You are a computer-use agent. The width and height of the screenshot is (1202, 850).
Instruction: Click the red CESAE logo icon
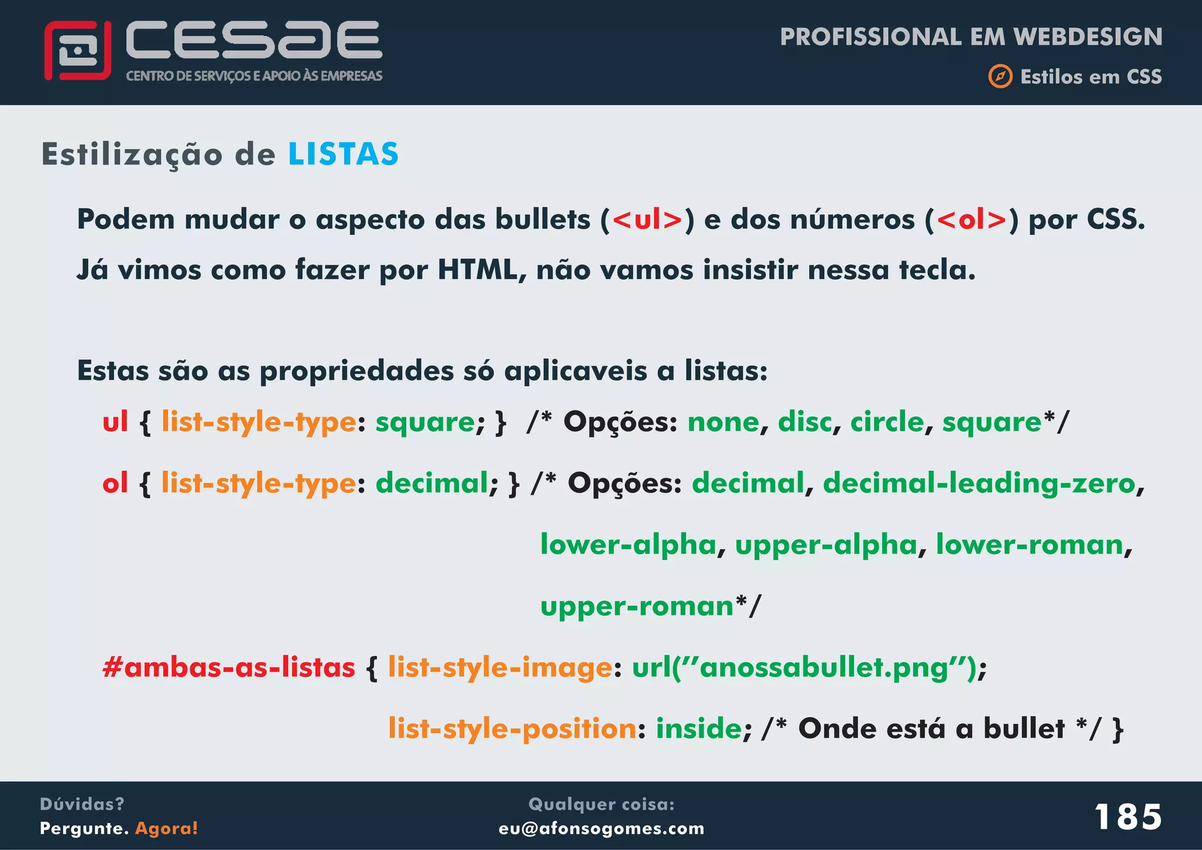pos(77,50)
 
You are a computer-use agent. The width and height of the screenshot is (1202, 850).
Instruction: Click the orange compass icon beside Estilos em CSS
pos(1000,76)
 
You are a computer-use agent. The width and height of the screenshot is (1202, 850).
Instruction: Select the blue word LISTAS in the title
pos(343,154)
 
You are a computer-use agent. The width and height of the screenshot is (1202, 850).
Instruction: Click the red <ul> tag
pos(647,220)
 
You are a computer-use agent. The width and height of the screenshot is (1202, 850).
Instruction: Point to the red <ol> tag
pos(972,220)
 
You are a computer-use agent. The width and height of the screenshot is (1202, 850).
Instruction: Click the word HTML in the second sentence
pos(477,270)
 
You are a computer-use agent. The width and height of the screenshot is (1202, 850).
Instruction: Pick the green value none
pos(723,422)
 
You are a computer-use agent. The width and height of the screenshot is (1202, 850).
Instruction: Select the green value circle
pos(887,422)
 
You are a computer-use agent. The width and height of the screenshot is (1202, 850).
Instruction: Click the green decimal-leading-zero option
pos(979,484)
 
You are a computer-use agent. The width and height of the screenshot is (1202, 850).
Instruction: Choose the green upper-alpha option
pos(826,545)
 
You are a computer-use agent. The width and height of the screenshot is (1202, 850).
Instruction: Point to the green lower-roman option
pos(1029,545)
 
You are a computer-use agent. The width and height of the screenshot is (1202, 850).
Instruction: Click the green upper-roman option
pos(637,606)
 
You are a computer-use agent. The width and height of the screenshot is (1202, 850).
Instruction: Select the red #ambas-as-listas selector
pos(229,667)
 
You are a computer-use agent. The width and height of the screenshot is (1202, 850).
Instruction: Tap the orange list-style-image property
pos(500,667)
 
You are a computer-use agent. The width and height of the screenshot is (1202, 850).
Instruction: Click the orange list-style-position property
pos(512,729)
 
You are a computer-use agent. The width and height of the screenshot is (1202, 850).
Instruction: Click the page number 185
pos(1127,817)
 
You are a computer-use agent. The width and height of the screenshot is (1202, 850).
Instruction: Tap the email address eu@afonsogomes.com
pos(602,828)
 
